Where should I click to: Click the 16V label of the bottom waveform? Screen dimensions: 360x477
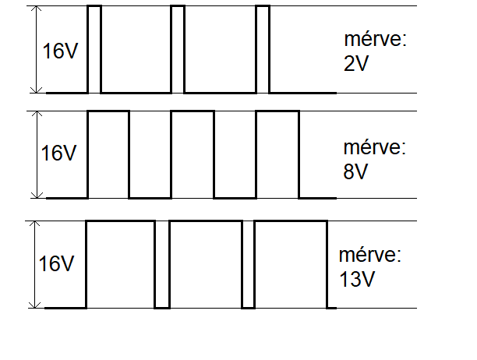tap(57, 264)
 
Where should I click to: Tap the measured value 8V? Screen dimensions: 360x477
tap(355, 171)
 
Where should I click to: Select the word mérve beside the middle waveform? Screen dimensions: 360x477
tap(375, 148)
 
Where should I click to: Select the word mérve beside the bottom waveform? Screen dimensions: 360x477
tap(370, 255)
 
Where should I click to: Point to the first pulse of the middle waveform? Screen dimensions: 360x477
tap(108, 154)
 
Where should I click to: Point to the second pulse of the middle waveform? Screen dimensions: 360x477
tap(193, 154)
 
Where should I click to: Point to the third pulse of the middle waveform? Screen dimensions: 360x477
tap(277, 154)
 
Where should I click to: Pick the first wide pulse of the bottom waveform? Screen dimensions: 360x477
tap(120, 264)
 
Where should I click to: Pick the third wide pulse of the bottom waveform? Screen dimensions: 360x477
tap(290, 264)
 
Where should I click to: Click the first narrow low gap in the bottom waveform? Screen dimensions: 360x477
tap(162, 264)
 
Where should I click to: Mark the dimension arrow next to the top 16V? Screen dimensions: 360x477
tap(34, 49)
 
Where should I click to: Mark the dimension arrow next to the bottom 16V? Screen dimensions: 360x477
tap(34, 264)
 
